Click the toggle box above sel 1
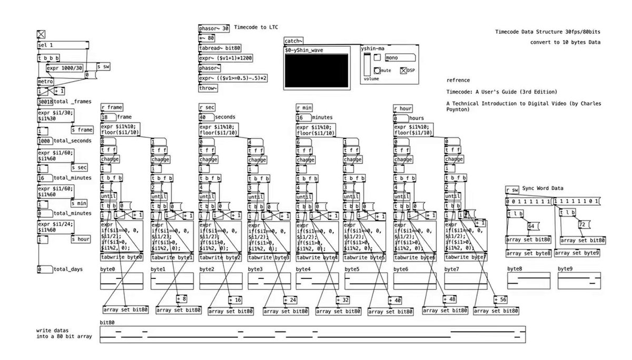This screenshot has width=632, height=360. (41, 34)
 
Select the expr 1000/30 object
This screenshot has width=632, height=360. (64, 68)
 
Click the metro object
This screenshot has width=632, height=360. (45, 82)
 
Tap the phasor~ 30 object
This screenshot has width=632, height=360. (214, 28)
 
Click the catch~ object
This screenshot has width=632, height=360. (293, 41)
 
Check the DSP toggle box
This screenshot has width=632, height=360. (404, 70)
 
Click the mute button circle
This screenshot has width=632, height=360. (377, 70)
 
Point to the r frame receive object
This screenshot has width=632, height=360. (112, 107)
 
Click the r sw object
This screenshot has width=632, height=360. (512, 189)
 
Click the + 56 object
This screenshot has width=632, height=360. (501, 300)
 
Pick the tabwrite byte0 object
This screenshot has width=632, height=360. (122, 257)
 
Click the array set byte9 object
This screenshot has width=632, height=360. (582, 253)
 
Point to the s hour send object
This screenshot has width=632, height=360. (80, 239)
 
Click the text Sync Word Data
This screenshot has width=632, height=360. (543, 188)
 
